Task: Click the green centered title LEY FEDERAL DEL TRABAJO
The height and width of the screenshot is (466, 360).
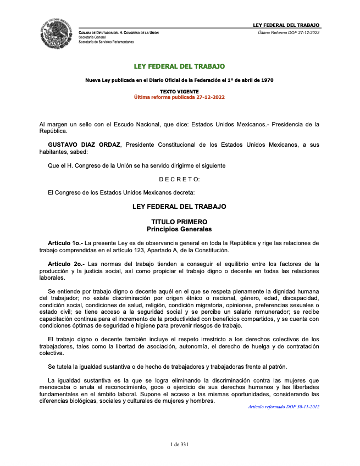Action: [179, 66]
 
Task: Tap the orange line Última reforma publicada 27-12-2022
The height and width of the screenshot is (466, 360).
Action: [179, 97]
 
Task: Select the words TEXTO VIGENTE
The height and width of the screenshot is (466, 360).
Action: [179, 91]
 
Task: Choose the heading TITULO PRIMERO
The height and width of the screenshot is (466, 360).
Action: [179, 221]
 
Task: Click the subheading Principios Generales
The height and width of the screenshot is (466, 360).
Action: [179, 229]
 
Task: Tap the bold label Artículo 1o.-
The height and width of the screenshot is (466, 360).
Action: [65, 242]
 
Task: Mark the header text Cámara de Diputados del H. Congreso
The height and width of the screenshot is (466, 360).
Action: [119, 33]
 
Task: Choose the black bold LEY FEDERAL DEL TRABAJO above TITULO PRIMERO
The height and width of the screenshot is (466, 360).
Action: [179, 207]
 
